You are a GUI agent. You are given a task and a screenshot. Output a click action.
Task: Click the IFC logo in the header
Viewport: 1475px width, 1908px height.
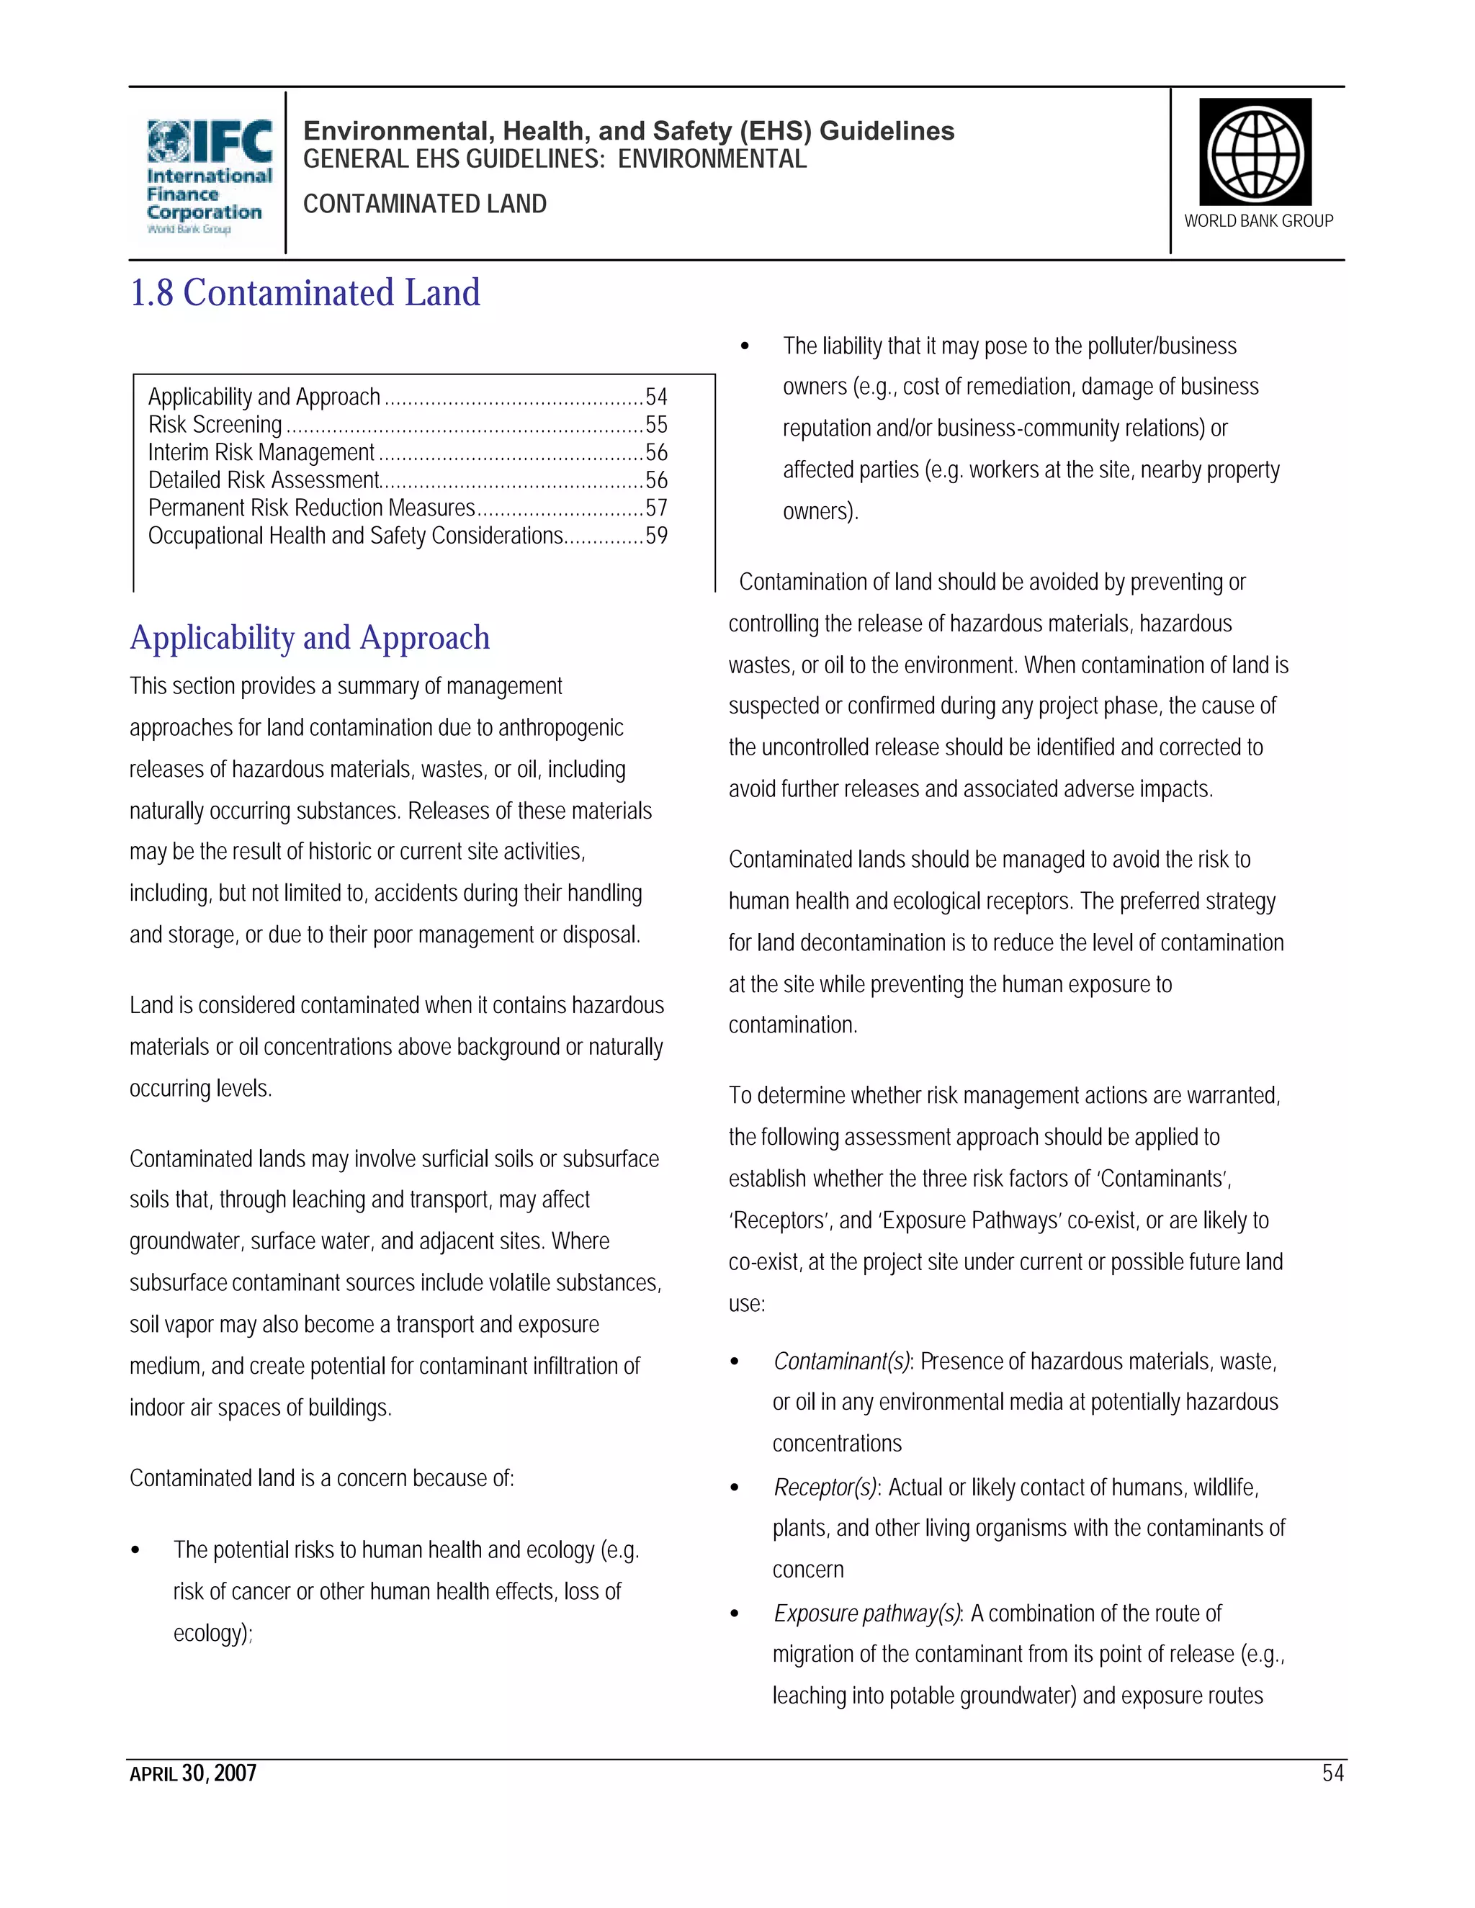coord(208,175)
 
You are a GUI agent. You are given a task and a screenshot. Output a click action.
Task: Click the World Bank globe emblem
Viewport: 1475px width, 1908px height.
coord(1255,152)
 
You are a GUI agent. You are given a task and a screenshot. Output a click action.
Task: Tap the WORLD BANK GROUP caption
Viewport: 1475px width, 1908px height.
coord(1258,221)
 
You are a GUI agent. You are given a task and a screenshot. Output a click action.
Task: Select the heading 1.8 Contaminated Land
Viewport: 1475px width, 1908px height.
coord(305,292)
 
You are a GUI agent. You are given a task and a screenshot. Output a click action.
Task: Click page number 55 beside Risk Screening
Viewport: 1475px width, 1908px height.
coord(656,425)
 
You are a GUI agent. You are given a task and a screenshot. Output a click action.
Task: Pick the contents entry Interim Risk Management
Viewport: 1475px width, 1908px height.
coord(261,453)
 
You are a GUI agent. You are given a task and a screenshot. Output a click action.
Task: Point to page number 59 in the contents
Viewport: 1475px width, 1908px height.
coord(656,536)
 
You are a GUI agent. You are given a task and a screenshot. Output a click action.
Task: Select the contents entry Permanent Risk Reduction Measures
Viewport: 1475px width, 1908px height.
coord(311,508)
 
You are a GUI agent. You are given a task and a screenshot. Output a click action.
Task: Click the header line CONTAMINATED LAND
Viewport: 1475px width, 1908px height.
coord(425,204)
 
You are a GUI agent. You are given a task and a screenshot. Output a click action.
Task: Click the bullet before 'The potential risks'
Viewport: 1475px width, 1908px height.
coord(135,1551)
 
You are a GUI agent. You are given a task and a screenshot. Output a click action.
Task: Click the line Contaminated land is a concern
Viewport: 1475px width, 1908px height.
coord(321,1478)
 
